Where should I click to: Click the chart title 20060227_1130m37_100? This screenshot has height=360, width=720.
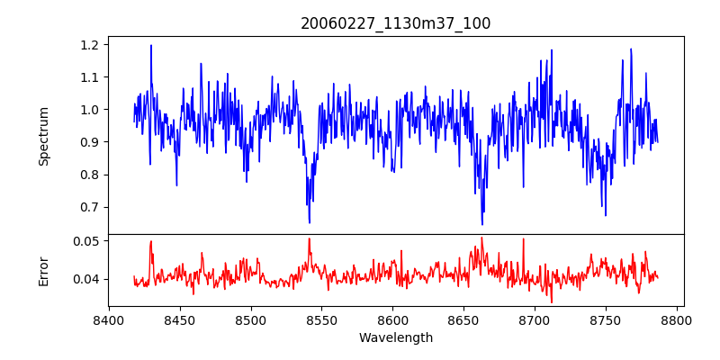[x=395, y=23]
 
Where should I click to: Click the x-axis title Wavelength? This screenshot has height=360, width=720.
[x=395, y=338]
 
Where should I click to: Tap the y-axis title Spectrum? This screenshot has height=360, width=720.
[x=44, y=136]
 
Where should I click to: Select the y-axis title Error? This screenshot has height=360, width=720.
[x=44, y=271]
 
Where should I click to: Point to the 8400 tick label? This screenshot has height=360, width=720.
[x=109, y=320]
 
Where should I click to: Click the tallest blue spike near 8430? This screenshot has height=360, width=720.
[x=151, y=46]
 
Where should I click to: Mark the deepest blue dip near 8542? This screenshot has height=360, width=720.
[x=310, y=221]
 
